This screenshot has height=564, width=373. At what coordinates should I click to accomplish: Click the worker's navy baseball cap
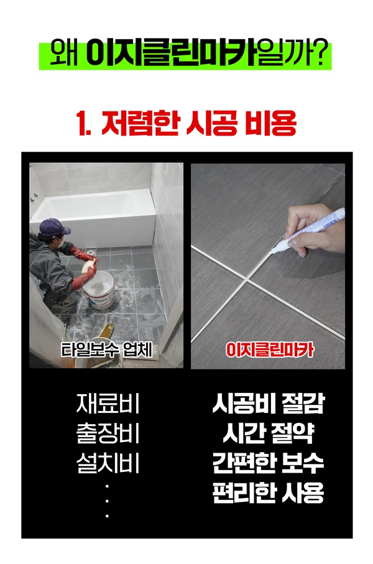pos(54,227)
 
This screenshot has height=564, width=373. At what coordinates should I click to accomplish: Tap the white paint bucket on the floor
pos(99,290)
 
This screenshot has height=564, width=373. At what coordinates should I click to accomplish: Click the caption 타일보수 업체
pos(106,349)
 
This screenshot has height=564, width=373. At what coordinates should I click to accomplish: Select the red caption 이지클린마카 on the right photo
pos(269,349)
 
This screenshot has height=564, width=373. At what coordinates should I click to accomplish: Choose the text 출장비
pos(108,433)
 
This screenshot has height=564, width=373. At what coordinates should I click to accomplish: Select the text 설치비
pos(108,463)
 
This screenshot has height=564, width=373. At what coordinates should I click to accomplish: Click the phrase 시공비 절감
pos(269,404)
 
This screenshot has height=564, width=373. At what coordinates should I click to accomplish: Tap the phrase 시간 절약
pos(269,433)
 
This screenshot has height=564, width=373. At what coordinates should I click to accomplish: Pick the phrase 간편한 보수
pos(269,463)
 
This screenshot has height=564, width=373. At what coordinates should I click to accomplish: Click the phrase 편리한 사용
pos(269,492)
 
